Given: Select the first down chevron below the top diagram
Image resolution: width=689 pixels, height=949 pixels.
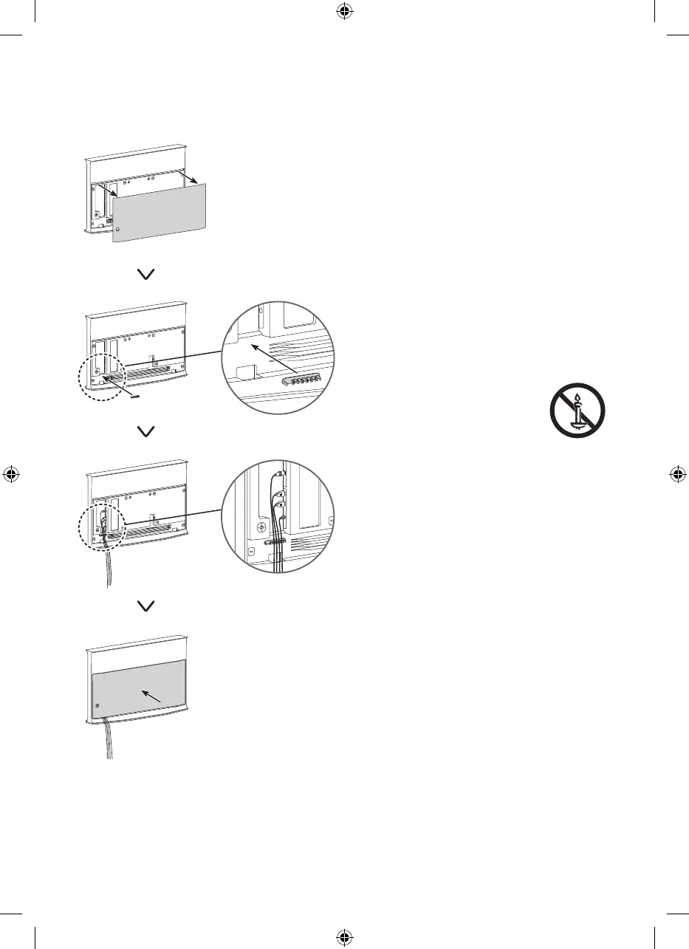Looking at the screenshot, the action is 146,274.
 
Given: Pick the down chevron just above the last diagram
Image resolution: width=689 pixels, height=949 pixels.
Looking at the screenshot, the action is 146,605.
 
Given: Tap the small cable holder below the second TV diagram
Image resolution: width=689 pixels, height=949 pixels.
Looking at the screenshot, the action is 134,395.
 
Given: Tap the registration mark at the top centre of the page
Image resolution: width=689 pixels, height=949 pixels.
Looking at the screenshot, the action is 344,13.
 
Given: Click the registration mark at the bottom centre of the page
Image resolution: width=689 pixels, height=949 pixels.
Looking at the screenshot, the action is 344,936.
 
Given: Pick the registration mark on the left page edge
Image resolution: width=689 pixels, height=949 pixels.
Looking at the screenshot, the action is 12,474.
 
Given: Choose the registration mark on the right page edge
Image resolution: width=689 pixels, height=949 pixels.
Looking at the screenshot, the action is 677,474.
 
